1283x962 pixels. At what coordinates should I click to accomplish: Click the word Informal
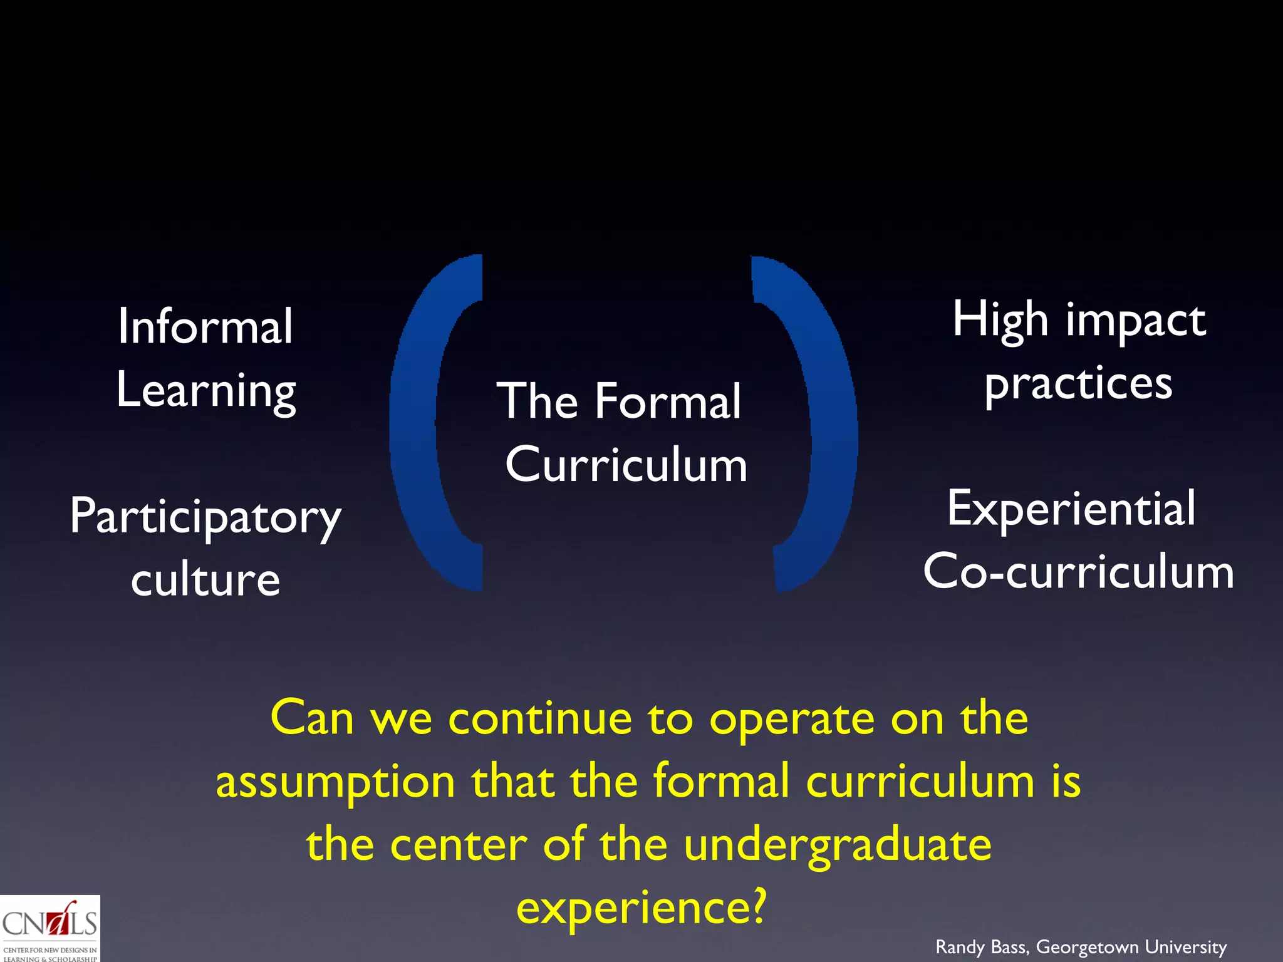click(205, 326)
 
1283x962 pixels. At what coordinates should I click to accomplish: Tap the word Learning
click(206, 391)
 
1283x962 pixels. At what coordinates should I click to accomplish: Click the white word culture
click(205, 580)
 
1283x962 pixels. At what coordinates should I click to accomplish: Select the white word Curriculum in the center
click(626, 465)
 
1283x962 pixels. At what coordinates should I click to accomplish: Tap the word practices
click(1078, 385)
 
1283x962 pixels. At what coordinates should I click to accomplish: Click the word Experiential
click(1071, 509)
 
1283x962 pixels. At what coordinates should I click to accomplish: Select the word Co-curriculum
click(1078, 572)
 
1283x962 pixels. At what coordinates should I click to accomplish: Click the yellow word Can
click(312, 718)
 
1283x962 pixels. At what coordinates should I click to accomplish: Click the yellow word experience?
click(641, 909)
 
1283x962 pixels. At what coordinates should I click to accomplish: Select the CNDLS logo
click(49, 928)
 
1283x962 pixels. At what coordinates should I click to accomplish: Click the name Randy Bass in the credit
click(981, 947)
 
